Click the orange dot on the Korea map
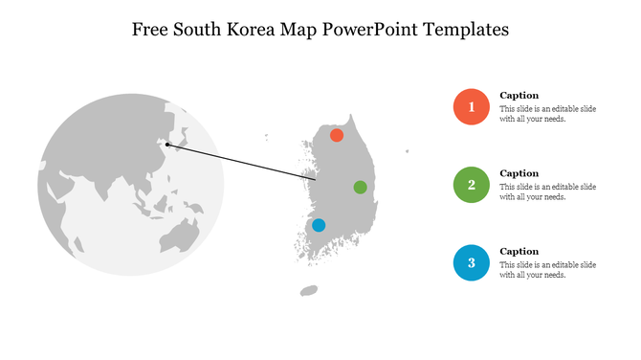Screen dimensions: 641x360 (x=337, y=136)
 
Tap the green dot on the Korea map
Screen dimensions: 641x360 (x=360, y=187)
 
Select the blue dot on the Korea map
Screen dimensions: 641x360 (x=319, y=225)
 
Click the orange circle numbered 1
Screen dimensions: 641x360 (x=471, y=107)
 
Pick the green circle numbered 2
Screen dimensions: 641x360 (x=471, y=185)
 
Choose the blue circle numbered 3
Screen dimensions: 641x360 (x=471, y=262)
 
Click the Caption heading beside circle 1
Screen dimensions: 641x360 (x=519, y=96)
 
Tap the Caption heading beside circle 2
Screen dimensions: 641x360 (x=519, y=173)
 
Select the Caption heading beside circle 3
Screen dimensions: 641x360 (x=519, y=251)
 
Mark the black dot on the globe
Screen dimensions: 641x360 (x=167, y=145)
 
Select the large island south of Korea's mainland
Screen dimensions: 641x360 (x=309, y=290)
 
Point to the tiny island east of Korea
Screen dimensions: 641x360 (x=407, y=150)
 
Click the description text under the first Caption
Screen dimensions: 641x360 (x=547, y=114)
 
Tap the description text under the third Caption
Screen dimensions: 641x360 (x=547, y=269)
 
